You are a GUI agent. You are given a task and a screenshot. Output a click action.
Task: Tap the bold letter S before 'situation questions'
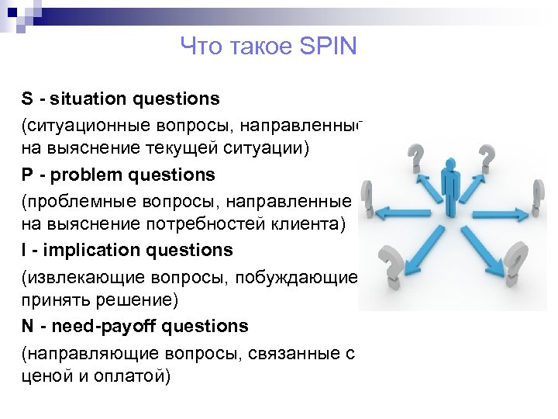point(27,99)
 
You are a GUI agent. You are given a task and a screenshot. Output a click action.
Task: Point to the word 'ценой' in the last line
point(46,376)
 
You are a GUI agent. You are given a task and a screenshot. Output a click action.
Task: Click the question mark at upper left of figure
point(416,158)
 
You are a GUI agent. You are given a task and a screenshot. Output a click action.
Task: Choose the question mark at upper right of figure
point(486,158)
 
